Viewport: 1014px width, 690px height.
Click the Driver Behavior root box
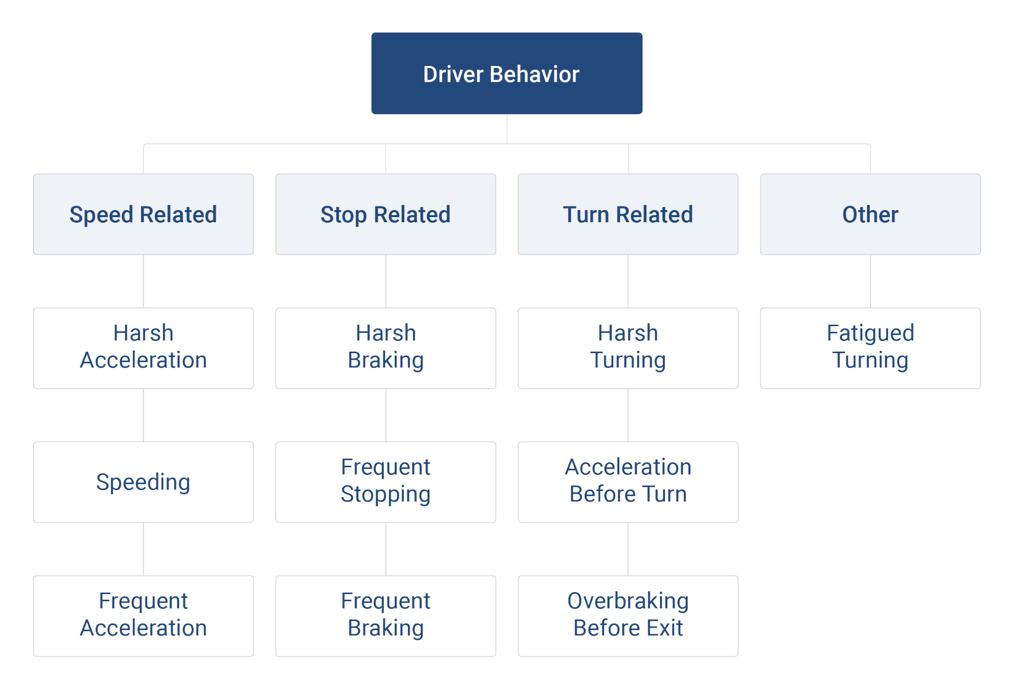[506, 74]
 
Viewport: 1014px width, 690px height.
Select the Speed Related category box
[143, 214]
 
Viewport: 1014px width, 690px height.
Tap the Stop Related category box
[386, 214]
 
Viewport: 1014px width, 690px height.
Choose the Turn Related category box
[627, 214]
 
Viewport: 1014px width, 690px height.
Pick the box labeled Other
[870, 214]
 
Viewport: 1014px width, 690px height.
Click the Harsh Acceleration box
[143, 348]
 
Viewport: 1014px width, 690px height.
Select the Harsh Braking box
[386, 348]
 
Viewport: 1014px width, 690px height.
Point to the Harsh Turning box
[627, 348]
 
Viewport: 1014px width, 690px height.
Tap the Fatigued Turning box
[870, 348]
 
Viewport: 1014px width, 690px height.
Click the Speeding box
[143, 481]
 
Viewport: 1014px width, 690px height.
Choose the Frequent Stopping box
[386, 481]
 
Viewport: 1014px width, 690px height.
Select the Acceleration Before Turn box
[627, 481]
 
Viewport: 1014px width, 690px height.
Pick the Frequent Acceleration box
[143, 615]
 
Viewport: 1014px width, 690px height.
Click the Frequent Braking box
[386, 615]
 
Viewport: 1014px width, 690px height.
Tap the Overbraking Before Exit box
[627, 615]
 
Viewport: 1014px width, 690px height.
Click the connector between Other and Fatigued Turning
[870, 281]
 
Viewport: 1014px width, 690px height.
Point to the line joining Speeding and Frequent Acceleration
[144, 549]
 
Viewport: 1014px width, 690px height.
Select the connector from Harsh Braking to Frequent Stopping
[386, 415]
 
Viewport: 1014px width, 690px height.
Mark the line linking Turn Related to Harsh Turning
[628, 281]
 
